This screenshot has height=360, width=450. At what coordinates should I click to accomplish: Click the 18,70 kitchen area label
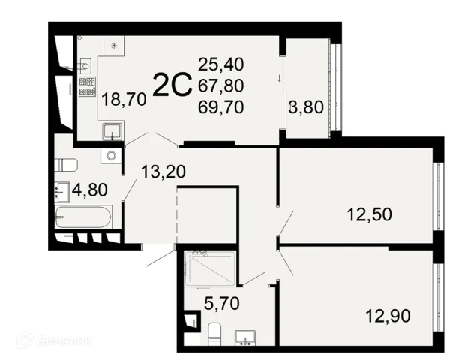[124, 100]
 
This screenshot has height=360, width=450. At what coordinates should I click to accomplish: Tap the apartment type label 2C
[172, 85]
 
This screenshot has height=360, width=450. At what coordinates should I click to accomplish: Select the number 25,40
[221, 64]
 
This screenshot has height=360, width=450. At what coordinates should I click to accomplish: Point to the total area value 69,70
[221, 106]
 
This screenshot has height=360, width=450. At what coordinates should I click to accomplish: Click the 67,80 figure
[221, 85]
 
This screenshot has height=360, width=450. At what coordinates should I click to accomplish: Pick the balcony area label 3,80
[306, 107]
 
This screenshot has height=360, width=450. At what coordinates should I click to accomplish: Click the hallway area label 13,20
[163, 172]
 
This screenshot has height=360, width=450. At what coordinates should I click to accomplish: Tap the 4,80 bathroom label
[90, 190]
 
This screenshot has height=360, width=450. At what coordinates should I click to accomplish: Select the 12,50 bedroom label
[369, 214]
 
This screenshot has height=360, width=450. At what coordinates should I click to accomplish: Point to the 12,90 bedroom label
[388, 316]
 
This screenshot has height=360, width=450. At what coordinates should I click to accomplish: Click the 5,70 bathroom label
[221, 303]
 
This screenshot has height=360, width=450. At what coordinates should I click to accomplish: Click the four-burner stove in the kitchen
[88, 87]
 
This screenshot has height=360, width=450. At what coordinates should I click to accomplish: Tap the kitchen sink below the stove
[113, 131]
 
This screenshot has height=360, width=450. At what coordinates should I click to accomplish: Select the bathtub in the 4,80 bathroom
[83, 217]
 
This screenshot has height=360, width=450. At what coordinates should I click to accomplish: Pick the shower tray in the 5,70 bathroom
[210, 268]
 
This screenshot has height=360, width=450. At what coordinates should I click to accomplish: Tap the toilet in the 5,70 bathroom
[214, 334]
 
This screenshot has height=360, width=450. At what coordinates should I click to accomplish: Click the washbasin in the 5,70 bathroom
[245, 337]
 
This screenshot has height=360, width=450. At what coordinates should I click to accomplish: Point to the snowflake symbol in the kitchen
[114, 46]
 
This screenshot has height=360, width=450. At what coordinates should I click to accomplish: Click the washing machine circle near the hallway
[111, 156]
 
